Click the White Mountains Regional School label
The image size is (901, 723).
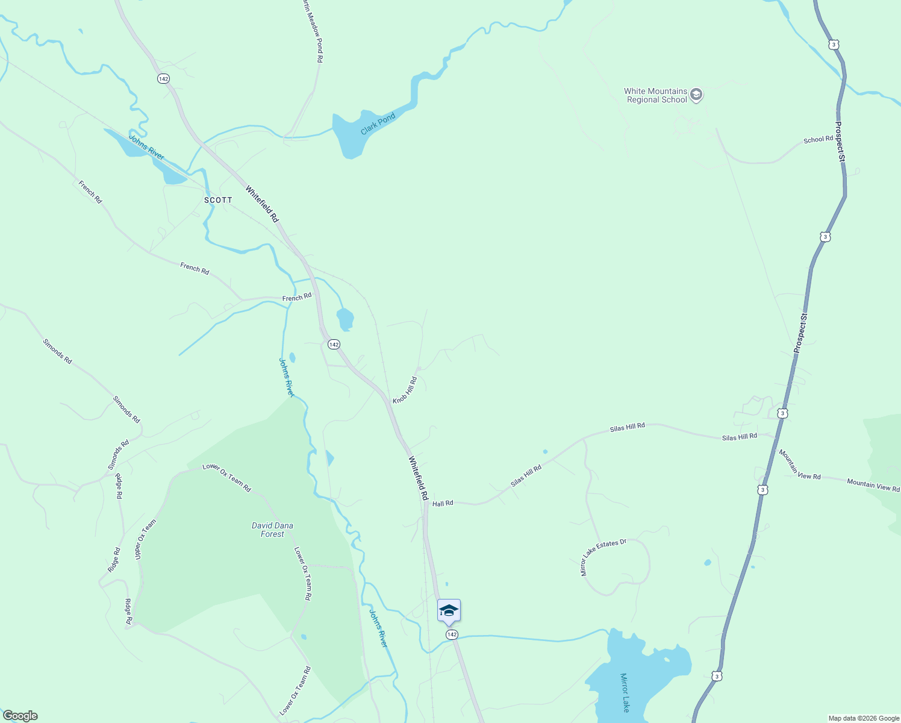656,96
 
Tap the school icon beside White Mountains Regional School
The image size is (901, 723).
696,95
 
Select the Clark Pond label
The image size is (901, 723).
378,124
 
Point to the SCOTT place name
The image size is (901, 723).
218,200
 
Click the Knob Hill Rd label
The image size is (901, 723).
405,390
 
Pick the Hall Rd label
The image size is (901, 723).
442,503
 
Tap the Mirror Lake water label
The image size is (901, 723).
625,692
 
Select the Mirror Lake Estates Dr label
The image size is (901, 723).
603,557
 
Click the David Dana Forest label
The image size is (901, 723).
272,530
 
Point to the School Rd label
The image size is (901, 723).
818,140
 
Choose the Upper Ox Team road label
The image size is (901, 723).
145,539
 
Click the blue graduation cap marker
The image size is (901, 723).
449,610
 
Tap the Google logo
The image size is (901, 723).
20,716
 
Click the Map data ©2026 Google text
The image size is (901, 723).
864,718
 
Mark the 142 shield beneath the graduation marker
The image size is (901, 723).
452,634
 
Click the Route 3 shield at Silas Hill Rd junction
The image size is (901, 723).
782,413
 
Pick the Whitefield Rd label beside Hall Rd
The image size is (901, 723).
418,478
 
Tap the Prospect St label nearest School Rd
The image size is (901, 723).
841,142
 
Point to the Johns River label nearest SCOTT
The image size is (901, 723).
146,148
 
